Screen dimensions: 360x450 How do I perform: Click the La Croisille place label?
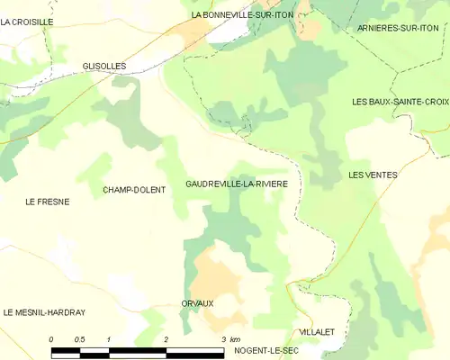(x=27, y=21)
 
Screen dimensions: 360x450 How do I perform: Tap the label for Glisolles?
(x=103, y=66)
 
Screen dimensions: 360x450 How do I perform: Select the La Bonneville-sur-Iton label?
(x=242, y=15)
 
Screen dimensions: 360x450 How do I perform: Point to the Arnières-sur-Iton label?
(x=397, y=29)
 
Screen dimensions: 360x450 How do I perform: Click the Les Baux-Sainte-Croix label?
(x=400, y=102)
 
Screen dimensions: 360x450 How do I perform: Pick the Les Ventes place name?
(x=373, y=175)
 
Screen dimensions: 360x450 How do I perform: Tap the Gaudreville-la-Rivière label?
(x=242, y=184)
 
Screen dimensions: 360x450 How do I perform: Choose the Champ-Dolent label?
(x=133, y=190)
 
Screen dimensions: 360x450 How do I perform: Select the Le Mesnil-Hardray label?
(x=44, y=312)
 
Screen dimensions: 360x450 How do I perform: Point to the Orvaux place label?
(x=197, y=303)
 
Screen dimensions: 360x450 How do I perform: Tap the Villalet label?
(x=316, y=332)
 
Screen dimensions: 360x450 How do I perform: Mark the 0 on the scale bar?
(x=51, y=339)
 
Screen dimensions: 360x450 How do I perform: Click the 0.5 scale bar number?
(x=79, y=339)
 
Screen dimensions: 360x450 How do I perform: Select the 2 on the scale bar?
(x=166, y=339)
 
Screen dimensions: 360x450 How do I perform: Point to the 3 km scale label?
(x=229, y=339)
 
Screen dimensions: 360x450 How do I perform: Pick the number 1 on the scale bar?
(x=108, y=339)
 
